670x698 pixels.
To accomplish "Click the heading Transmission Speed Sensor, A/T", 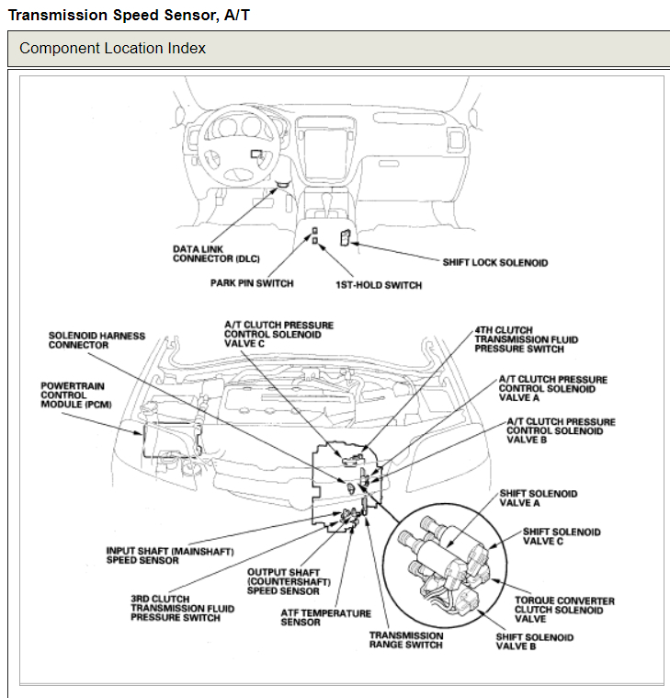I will pos(129,16).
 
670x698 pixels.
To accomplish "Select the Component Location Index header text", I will pos(112,48).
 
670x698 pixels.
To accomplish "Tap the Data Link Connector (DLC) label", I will pos(217,254).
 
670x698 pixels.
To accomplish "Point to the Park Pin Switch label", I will pos(252,283).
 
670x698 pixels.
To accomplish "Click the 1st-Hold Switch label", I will pos(379,285).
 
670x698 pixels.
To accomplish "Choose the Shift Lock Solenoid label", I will pos(494,263).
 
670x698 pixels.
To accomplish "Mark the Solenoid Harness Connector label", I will pos(97,340).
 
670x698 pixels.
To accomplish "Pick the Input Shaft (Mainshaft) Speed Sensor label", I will pos(170,555).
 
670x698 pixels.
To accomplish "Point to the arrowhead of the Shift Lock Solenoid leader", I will pos(355,243).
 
